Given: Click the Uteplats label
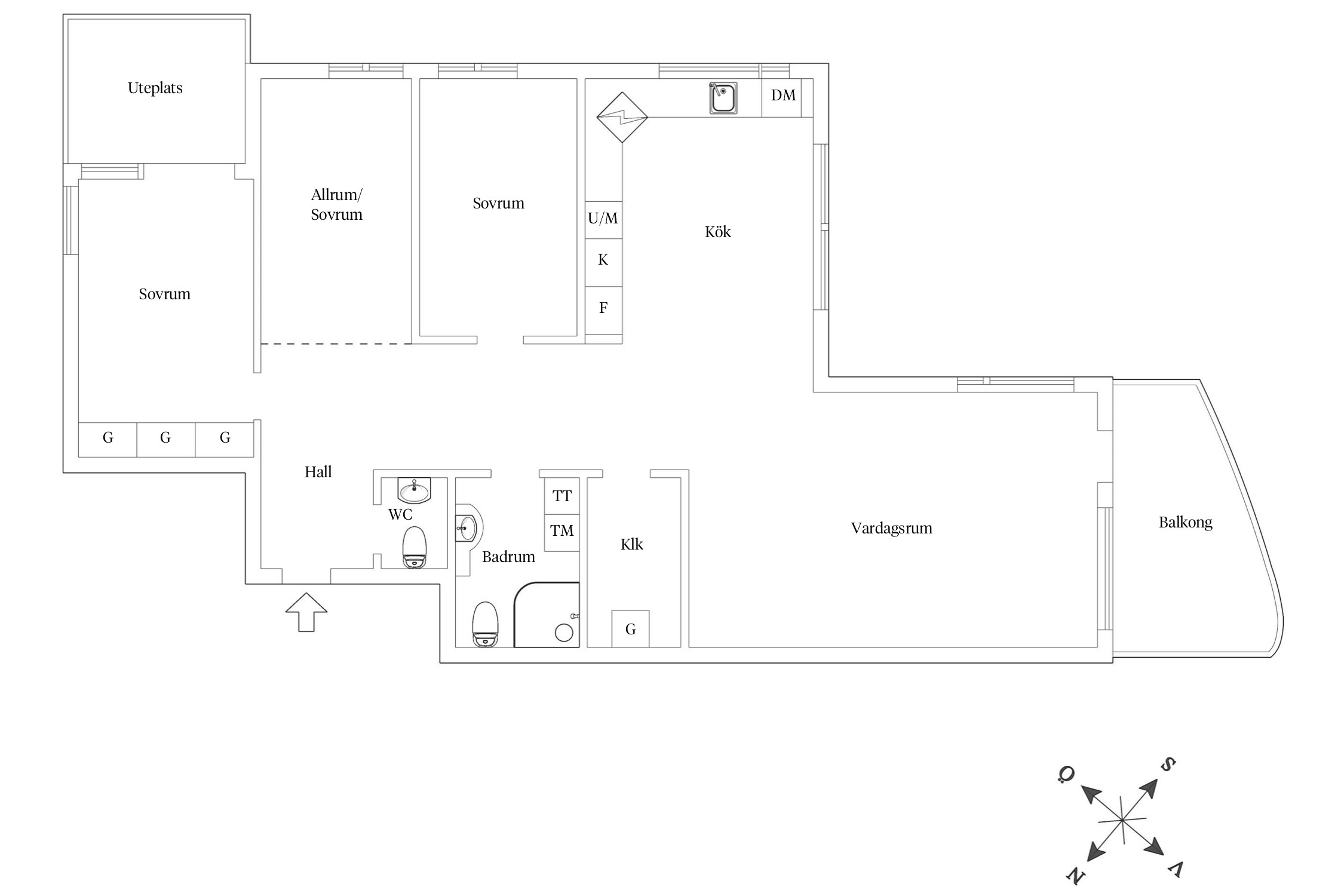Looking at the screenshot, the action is click(155, 88).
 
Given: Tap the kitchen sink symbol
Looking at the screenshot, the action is click(723, 98).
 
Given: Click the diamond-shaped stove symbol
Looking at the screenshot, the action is click(622, 117).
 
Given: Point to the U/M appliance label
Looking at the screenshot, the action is click(603, 219).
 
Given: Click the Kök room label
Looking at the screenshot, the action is click(717, 232).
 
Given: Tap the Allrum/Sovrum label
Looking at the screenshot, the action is click(336, 205).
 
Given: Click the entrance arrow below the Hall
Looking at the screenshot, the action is click(306, 612).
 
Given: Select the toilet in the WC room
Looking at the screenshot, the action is click(415, 547).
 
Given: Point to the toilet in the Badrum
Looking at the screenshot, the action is click(485, 624).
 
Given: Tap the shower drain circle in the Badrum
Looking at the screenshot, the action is click(564, 633).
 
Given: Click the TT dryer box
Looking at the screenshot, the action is click(561, 496).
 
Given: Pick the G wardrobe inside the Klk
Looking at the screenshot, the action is click(630, 628).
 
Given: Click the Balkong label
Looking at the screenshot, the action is click(1185, 523).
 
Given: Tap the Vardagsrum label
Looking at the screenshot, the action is click(891, 529).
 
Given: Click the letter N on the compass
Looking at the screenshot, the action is click(1076, 876).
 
